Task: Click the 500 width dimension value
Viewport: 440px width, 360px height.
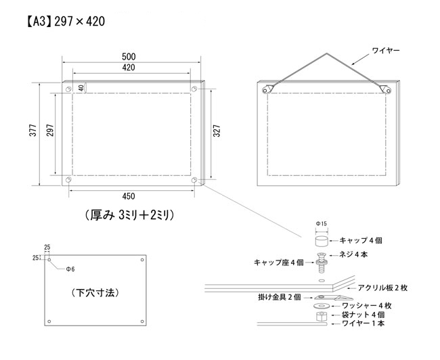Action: pos(129,57)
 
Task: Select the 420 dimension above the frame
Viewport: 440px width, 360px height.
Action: pos(129,68)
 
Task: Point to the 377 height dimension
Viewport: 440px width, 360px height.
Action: pos(33,130)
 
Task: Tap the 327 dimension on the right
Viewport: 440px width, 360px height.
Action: pos(217,131)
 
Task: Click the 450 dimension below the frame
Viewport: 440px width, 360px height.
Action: pos(129,196)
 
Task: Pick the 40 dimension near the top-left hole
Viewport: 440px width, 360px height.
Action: pos(81,88)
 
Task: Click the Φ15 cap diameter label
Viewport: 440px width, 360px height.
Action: pos(322,223)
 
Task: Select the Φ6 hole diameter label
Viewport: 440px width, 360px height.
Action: pos(70,269)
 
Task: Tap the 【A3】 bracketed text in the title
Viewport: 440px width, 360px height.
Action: pos(39,22)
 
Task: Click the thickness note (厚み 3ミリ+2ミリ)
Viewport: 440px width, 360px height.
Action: pos(129,215)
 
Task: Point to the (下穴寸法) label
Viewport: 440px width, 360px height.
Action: pos(95,293)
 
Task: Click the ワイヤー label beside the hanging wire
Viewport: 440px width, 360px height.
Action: pos(386,51)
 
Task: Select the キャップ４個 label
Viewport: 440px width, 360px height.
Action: pos(361,240)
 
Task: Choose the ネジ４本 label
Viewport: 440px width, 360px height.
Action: pos(353,254)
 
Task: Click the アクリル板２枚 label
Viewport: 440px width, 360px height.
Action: pos(382,288)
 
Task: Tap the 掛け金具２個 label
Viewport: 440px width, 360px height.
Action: pos(280,297)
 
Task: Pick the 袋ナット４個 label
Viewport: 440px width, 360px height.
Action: pos(363,315)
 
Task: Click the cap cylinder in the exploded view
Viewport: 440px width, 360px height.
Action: pos(322,242)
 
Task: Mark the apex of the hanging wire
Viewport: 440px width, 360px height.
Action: pos(326,53)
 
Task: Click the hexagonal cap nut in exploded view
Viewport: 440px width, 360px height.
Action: pos(322,317)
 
